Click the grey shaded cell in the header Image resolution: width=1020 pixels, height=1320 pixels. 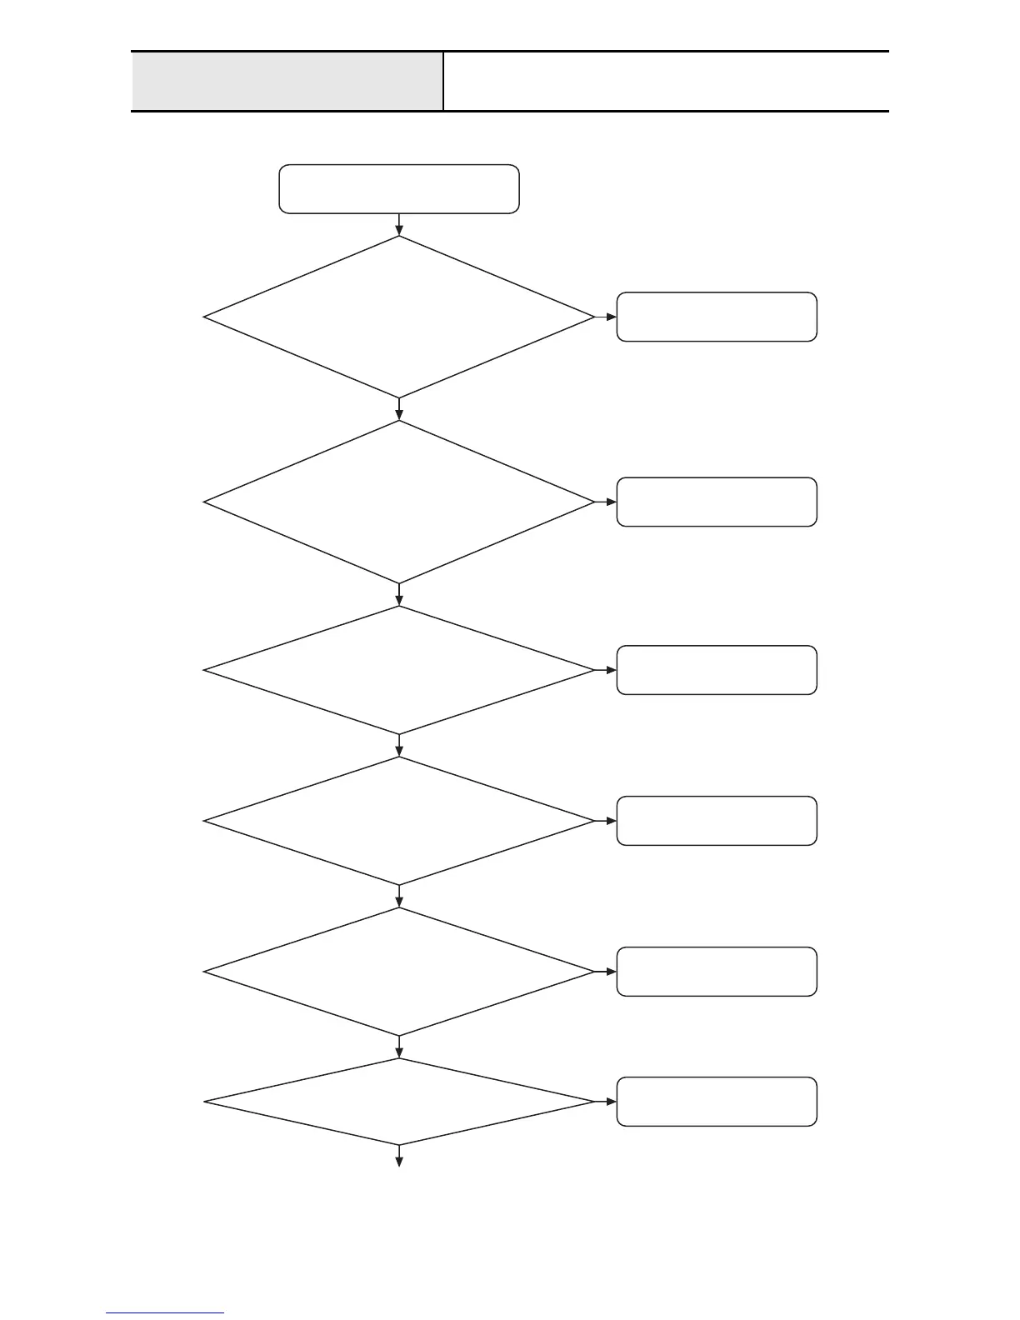coord(287,81)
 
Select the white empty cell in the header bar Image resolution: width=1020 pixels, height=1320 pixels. coord(666,81)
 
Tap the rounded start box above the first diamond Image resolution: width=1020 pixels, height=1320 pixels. coord(399,189)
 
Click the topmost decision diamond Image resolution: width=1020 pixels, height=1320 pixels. coord(399,317)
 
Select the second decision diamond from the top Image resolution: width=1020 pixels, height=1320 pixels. coord(399,502)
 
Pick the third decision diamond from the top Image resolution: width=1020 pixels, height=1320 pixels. coord(399,670)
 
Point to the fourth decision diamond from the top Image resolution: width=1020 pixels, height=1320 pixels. coord(399,821)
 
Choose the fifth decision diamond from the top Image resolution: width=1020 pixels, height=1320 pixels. coord(399,972)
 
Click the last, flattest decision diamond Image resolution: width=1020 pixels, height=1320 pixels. coord(399,1102)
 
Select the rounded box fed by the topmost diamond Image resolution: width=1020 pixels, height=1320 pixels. coord(717,317)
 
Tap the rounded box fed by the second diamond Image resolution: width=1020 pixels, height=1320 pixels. coord(717,502)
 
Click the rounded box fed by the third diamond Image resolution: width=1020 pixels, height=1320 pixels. coord(717,670)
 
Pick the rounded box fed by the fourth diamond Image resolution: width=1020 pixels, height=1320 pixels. coord(717,821)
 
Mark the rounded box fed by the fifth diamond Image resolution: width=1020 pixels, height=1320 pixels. coord(717,972)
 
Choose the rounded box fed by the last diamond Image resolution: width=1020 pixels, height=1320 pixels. coord(717,1102)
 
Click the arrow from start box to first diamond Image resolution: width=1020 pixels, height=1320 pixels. coord(399,225)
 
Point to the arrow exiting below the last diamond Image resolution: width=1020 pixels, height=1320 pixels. coord(399,1156)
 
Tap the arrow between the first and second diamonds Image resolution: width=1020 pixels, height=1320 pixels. coord(399,409)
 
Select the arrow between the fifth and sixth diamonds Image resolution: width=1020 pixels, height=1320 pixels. coord(399,1047)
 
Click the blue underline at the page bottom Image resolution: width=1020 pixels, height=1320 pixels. coord(165,1313)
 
